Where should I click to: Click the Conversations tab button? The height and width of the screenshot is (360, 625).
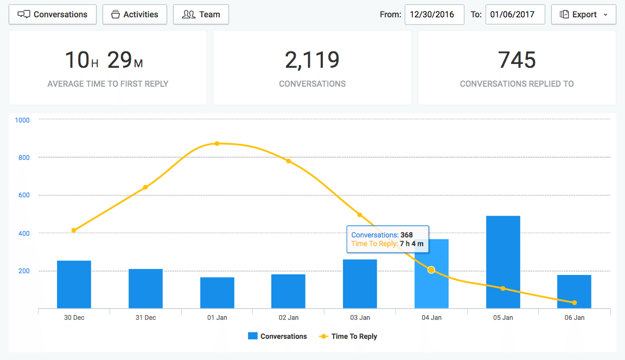53,15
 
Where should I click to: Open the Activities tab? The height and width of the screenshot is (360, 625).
134,15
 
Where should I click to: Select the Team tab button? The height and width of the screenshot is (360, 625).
201,15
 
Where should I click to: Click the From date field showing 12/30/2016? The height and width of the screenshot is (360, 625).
434,15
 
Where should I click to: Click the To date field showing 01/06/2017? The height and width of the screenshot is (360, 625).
515,15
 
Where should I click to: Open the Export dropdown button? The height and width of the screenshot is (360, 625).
583,15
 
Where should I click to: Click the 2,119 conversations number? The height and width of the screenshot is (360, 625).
312,60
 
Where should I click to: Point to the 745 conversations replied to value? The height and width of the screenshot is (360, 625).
516,60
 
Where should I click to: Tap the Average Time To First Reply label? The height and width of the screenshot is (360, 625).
108,84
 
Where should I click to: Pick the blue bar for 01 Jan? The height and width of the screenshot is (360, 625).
217,293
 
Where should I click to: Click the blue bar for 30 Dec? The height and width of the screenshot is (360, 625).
74,285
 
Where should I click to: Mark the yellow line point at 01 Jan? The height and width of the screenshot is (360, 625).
217,144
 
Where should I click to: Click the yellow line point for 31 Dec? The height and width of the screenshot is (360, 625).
145,188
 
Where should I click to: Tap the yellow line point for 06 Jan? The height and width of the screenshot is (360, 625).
575,303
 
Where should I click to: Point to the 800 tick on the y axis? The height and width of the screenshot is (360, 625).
23,158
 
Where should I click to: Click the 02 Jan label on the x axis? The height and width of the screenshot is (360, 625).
289,318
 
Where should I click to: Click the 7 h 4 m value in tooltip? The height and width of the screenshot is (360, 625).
411,244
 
